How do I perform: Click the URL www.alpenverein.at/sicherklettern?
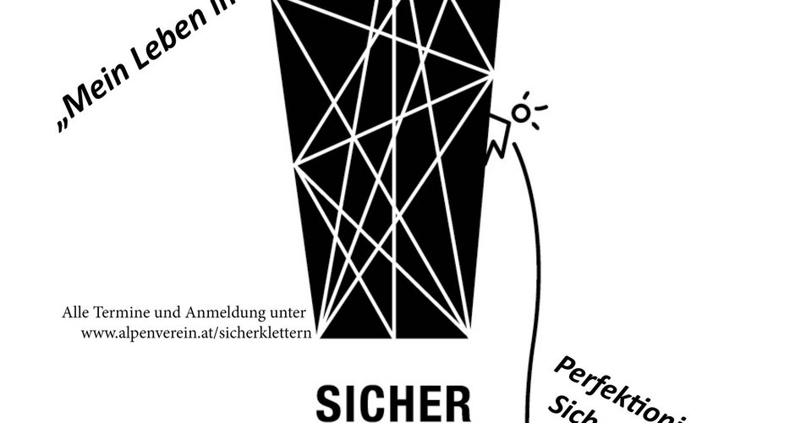[197, 332]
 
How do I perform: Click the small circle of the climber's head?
[522, 113]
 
